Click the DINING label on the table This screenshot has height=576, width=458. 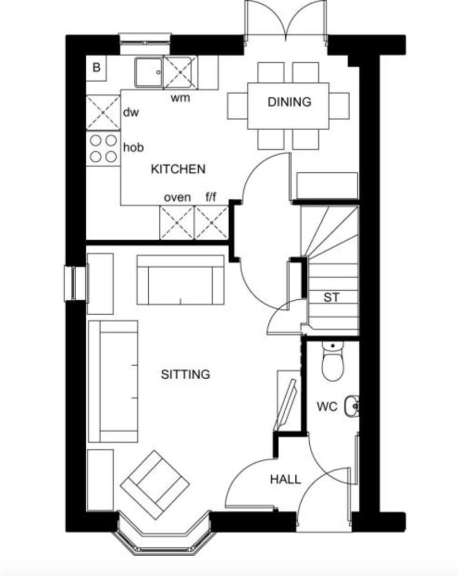coord(289,102)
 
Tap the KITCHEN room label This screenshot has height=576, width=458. coord(178,169)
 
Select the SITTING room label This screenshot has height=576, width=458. coord(186,374)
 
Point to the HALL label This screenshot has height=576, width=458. coord(285,479)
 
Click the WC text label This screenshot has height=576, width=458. coord(327,407)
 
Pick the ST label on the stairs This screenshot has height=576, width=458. coord(331,298)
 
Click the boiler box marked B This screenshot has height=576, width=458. coord(97,68)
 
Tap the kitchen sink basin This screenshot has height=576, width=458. coord(149,72)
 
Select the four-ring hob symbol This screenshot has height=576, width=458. coord(103,148)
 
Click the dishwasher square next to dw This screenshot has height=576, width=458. coord(103,112)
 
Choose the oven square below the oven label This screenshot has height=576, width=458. coord(176,223)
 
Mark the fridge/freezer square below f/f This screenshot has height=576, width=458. coord(211,223)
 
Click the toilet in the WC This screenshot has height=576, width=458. coord(333,362)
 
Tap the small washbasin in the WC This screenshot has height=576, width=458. coord(352,406)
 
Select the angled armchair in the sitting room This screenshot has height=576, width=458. coord(155,484)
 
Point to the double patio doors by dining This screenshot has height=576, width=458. coord(286,21)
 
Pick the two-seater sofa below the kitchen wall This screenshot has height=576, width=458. coord(180,280)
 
